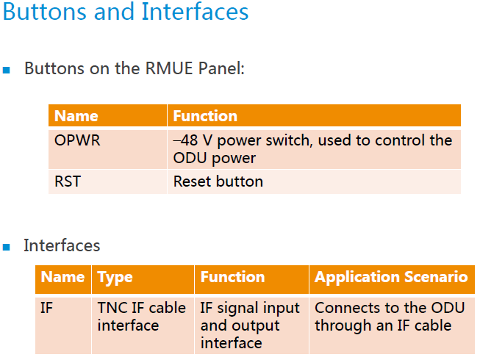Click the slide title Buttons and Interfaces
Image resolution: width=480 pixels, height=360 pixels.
(x=126, y=12)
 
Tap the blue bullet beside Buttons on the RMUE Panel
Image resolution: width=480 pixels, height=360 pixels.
(x=7, y=71)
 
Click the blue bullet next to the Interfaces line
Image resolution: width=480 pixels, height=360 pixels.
(x=7, y=247)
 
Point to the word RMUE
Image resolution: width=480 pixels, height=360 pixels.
(x=168, y=69)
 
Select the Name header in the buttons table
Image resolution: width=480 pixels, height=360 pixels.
(x=76, y=116)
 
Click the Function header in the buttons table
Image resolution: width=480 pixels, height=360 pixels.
(x=205, y=116)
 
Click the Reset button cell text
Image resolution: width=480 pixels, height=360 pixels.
(x=218, y=181)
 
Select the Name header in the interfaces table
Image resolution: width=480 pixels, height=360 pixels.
(x=62, y=278)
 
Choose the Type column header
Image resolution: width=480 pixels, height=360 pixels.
(x=115, y=278)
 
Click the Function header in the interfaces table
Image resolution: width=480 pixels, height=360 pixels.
(x=232, y=278)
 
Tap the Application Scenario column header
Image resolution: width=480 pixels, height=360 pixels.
(x=391, y=278)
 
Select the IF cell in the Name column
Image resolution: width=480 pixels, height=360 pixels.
(x=47, y=308)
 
